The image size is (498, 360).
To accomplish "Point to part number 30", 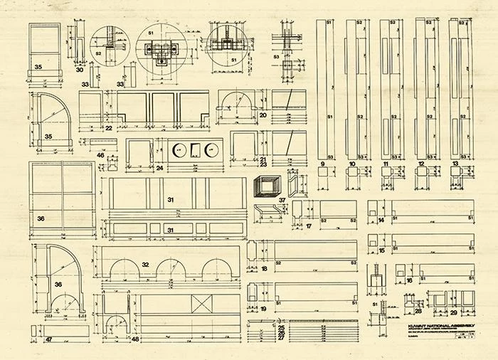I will pos(80,70).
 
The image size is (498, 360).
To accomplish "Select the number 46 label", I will pos(100,154).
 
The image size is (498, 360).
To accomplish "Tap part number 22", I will pos(108,129).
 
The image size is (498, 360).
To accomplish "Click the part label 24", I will pos(159,168).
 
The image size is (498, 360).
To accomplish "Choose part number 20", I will pos(263,115).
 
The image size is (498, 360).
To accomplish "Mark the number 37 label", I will pos(282,200).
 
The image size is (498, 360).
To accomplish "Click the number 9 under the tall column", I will pos(323,164).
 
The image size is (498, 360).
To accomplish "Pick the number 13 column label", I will pos(455,164).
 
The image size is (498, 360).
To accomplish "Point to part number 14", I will pos(381,221).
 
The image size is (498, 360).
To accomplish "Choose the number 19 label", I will pos(263,309).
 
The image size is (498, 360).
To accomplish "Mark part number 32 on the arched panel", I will pos(146,264).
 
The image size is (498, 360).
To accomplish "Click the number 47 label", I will pos(49,339).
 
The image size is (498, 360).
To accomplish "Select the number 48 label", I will pos(134,339).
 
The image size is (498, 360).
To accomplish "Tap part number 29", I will pos(454,312).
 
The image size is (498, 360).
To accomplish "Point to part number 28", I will pos(418,311).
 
